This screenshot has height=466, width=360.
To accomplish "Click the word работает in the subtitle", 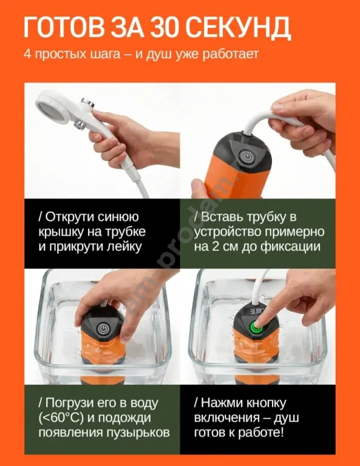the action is (x=231, y=55).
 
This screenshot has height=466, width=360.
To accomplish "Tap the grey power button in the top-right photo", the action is (x=246, y=157).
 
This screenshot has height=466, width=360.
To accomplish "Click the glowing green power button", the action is (x=256, y=329).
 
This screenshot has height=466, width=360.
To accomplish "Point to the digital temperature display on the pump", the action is (x=256, y=312).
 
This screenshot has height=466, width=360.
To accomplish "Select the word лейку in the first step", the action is (x=125, y=248).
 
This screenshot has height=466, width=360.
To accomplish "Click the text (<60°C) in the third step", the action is (x=61, y=418).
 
